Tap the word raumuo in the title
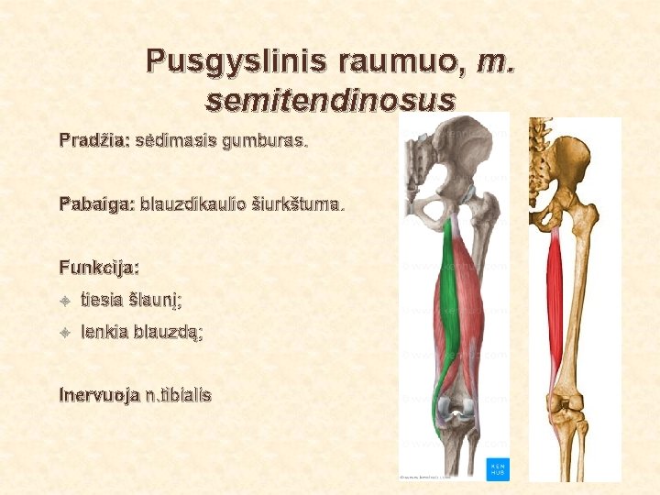click(x=401, y=62)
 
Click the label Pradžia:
click(x=94, y=142)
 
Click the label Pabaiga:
click(x=96, y=203)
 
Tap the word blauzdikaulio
click(x=194, y=203)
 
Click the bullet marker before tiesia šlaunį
click(x=64, y=300)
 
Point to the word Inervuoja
click(x=97, y=396)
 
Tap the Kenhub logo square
click(x=498, y=467)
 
